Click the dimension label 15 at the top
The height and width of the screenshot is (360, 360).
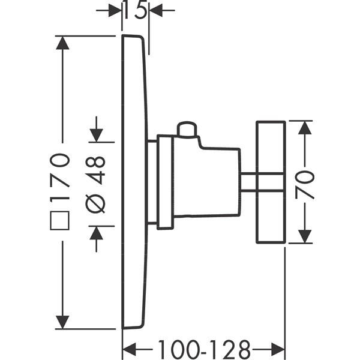136,10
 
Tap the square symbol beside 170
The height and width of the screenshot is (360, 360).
61,218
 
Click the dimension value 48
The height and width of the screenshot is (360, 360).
97,170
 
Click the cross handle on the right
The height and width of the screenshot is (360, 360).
271,182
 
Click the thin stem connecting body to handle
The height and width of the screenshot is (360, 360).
248,182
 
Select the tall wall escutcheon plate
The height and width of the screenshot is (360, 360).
133,182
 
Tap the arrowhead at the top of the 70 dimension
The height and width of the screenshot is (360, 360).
305,128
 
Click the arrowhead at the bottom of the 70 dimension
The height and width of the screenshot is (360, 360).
305,236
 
